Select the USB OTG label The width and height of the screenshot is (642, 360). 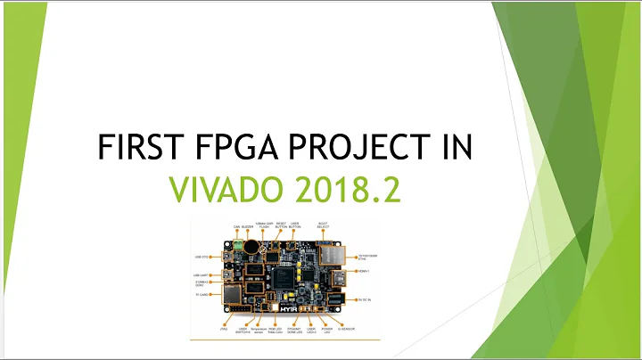(x=202, y=257)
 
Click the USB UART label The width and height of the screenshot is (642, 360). (x=201, y=274)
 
